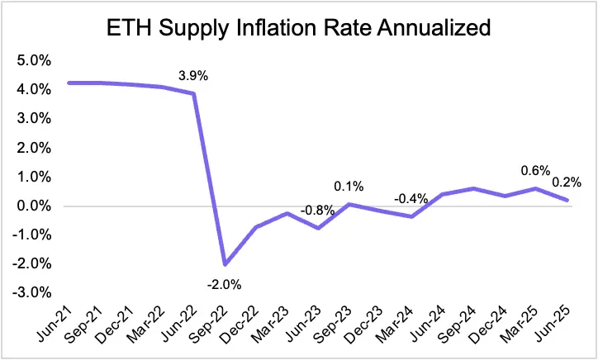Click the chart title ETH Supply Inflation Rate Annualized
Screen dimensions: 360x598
(x=299, y=31)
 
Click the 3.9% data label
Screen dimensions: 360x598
(x=193, y=77)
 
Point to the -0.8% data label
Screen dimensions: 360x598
(x=318, y=210)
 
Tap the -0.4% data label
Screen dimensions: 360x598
(x=411, y=199)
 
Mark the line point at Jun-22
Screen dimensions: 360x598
(x=193, y=93)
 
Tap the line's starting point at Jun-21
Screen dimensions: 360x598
(x=69, y=83)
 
